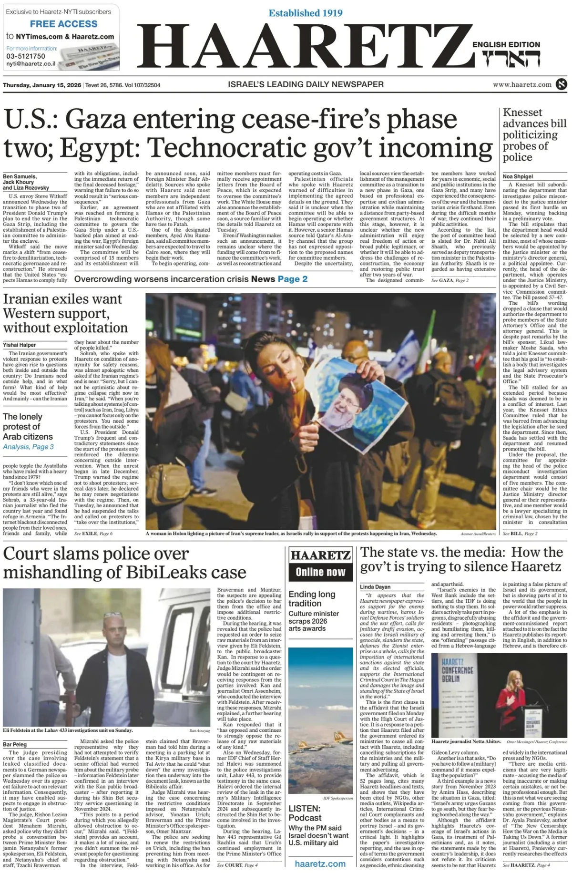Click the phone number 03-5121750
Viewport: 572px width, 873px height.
pyautogui.click(x=26, y=56)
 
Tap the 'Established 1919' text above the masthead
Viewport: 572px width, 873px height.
pyautogui.click(x=305, y=13)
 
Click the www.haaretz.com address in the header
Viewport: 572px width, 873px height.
pyautogui.click(x=522, y=84)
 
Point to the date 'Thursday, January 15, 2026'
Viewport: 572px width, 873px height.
pyautogui.click(x=42, y=85)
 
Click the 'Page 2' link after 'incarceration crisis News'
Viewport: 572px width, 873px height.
pyautogui.click(x=293, y=279)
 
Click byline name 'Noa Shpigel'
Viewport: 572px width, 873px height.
pyautogui.click(x=518, y=176)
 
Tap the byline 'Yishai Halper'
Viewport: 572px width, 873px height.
pyautogui.click(x=19, y=345)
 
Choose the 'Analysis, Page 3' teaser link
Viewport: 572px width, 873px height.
pyautogui.click(x=28, y=447)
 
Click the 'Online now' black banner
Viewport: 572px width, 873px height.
pyautogui.click(x=320, y=572)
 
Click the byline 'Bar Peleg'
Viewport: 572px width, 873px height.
pyautogui.click(x=15, y=744)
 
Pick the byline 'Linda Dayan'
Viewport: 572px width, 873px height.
pyautogui.click(x=375, y=587)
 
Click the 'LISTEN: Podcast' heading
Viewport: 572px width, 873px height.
pyautogui.click(x=305, y=813)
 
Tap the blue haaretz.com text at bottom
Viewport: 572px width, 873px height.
pyautogui.click(x=320, y=863)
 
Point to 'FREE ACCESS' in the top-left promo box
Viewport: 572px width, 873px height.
pyautogui.click(x=63, y=24)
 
